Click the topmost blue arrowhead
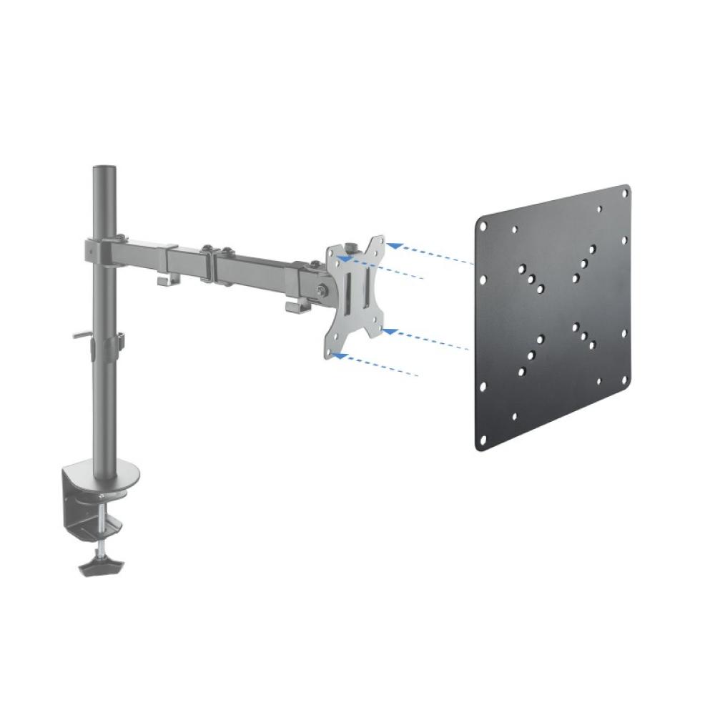(x=392, y=245)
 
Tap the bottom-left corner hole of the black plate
(x=481, y=444)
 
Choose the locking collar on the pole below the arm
(x=104, y=347)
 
